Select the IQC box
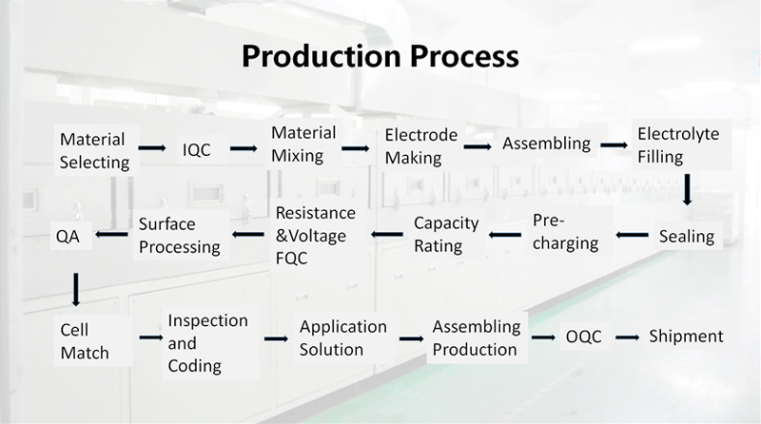pos(196,149)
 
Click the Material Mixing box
pos(303,145)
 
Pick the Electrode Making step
pos(420,146)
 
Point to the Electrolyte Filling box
pos(681,145)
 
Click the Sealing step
pos(687,237)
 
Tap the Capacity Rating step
pos(446,234)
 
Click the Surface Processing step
pos(180,235)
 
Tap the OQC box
pos(583,337)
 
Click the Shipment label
pos(686,336)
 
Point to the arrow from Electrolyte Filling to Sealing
pos(687,190)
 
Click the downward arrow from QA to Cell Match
pos(76,290)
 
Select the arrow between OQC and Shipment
pos(628,337)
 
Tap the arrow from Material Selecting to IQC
pos(152,148)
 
